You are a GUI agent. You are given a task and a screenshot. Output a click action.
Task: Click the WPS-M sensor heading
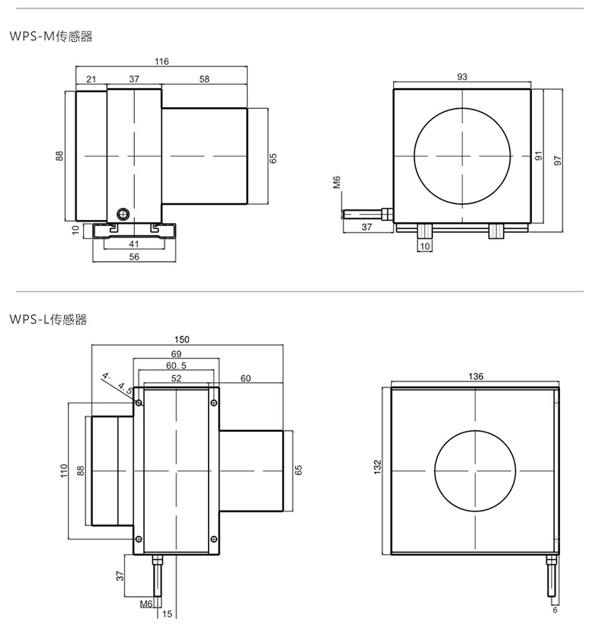pyautogui.click(x=51, y=37)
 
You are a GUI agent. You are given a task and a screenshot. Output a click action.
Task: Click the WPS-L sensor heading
pyautogui.click(x=48, y=319)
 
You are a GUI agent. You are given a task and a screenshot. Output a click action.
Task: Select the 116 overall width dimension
pyautogui.click(x=162, y=62)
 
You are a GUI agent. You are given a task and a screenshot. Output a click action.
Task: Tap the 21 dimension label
pyautogui.click(x=91, y=79)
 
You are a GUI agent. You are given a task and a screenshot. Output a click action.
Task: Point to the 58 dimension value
pyautogui.click(x=204, y=79)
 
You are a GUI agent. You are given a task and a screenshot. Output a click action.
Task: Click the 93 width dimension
pyautogui.click(x=462, y=76)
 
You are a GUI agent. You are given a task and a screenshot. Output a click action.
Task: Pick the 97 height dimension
pyautogui.click(x=558, y=160)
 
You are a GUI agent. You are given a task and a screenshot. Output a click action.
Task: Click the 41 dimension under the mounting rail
pyautogui.click(x=134, y=244)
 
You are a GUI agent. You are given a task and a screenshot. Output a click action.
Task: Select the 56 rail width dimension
pyautogui.click(x=134, y=257)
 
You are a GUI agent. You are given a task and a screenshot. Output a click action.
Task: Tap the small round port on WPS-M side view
pyautogui.click(x=122, y=214)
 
